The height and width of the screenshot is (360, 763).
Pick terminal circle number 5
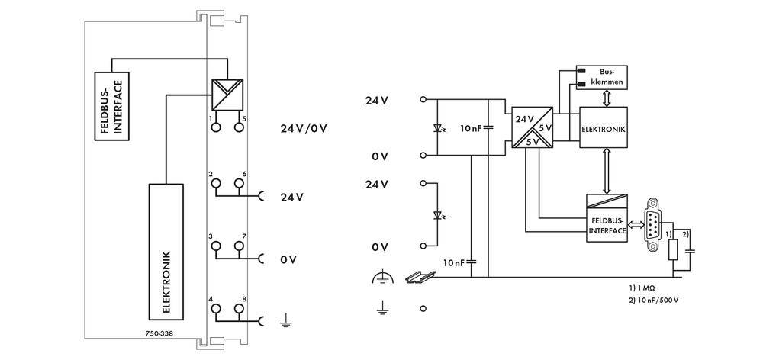tap(239, 128)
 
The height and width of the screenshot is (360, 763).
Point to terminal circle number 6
tap(239, 183)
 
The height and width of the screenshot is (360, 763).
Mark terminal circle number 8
tap(239, 309)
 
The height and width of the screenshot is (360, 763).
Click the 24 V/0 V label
tap(304, 127)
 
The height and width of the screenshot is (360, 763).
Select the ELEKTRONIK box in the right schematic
tap(603, 130)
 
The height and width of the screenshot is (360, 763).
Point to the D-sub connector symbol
tap(651, 225)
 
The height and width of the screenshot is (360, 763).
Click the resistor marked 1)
tap(672, 251)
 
